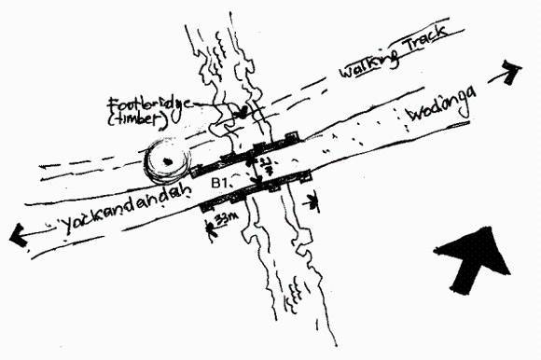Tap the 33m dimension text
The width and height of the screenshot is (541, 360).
click(225, 218)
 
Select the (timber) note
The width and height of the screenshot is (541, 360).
click(137, 119)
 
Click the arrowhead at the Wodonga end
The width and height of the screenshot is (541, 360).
click(509, 68)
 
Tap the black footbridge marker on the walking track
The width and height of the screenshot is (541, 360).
click(243, 111)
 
